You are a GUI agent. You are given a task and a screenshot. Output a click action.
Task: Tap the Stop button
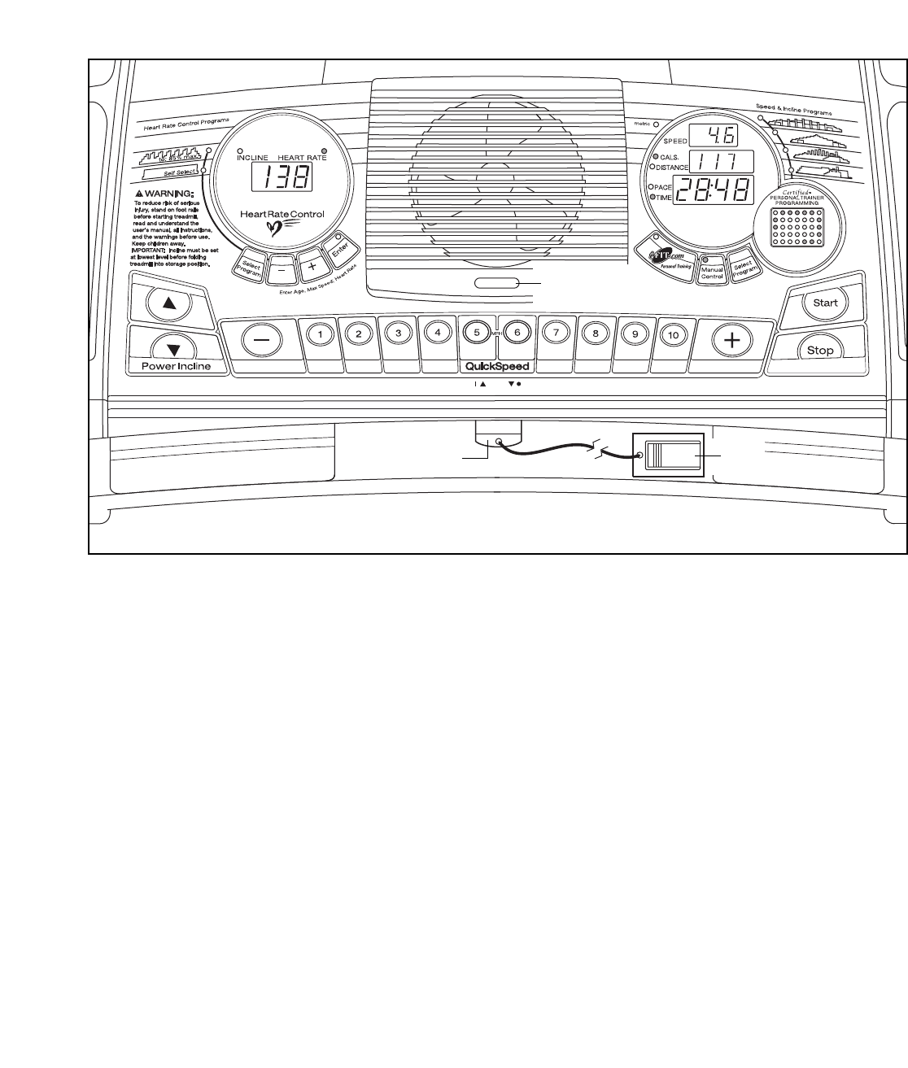820,351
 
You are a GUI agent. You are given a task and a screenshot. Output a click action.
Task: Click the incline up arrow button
169,303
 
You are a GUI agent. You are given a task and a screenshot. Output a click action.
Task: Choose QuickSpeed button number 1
321,333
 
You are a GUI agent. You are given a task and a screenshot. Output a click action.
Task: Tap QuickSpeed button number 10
673,333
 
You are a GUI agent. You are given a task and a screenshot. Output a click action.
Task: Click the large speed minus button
261,340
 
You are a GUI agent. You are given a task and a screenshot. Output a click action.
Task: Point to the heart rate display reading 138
280,176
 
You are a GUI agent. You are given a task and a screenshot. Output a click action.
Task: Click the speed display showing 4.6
713,137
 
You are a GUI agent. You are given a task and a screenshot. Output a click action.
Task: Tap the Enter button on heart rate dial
338,248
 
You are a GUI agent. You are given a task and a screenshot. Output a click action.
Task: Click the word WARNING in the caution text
169,193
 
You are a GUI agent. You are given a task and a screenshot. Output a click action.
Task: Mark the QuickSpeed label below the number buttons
496,366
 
